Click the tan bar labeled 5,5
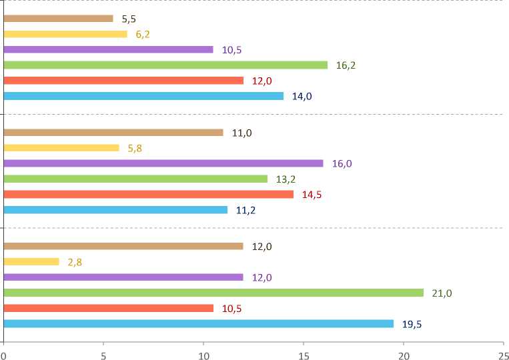coord(58,19)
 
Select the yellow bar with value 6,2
coord(65,34)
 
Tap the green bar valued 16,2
coord(165,65)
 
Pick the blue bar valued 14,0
coord(143,96)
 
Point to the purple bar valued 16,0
coord(163,163)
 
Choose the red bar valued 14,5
coord(148,194)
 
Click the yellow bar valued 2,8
coord(31,262)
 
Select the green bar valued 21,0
coord(213,293)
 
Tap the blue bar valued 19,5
coord(198,323)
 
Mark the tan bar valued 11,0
coord(113,133)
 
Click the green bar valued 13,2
coord(135,179)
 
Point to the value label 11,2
coord(245,210)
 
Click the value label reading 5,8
coord(135,148)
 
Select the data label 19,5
coord(412,324)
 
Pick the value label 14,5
coord(312,195)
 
